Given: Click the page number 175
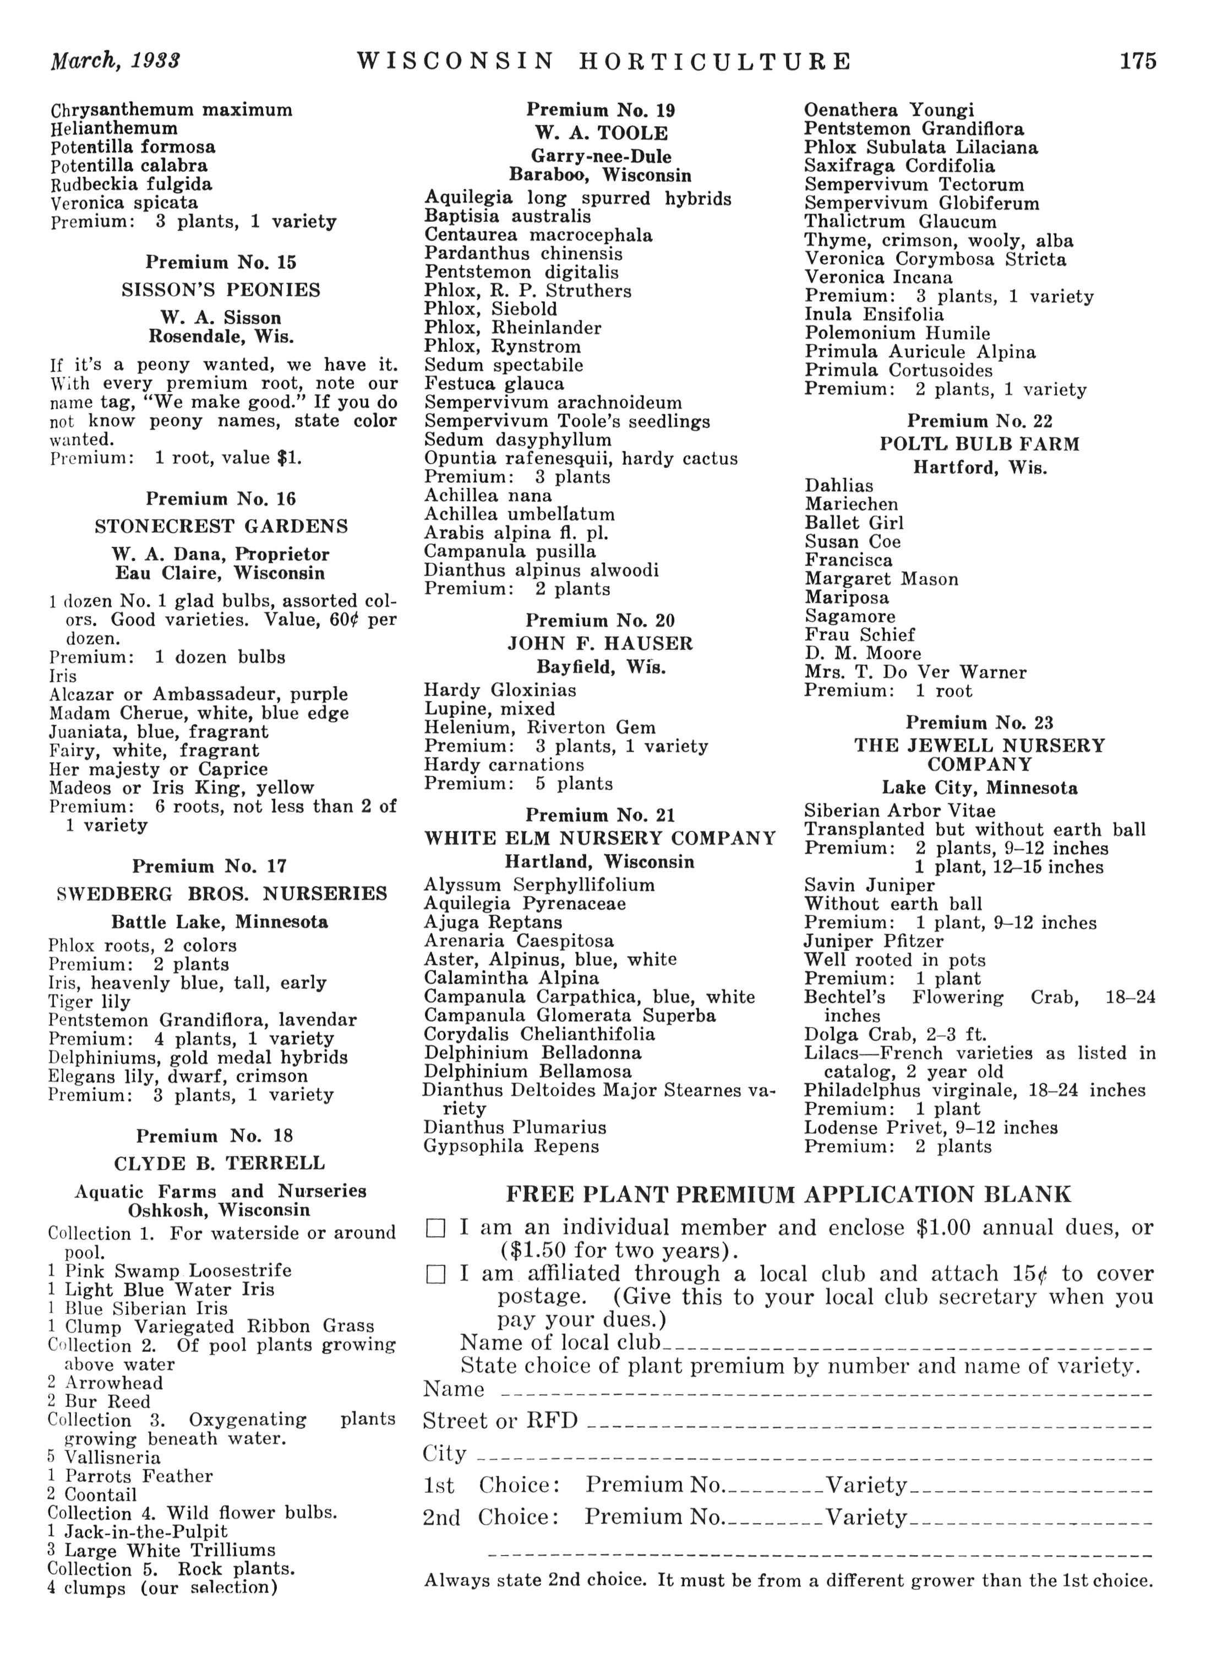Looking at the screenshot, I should tap(1137, 61).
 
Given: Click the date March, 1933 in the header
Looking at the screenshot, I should tap(116, 61).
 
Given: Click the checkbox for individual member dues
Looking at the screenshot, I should tap(437, 1229).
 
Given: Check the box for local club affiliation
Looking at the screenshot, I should tap(437, 1275).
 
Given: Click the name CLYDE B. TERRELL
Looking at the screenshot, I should tap(220, 1164).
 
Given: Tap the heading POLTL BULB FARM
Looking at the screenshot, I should tap(979, 444).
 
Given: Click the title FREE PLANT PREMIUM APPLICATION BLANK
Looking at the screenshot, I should tap(789, 1195).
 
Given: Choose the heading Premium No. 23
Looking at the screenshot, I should tap(979, 723).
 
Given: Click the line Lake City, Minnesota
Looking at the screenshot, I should tap(979, 789).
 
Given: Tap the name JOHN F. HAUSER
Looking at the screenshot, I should tap(600, 644).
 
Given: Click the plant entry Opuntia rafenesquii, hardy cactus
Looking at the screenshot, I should tap(581, 459).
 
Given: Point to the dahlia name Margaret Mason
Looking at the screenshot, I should tap(881, 579).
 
